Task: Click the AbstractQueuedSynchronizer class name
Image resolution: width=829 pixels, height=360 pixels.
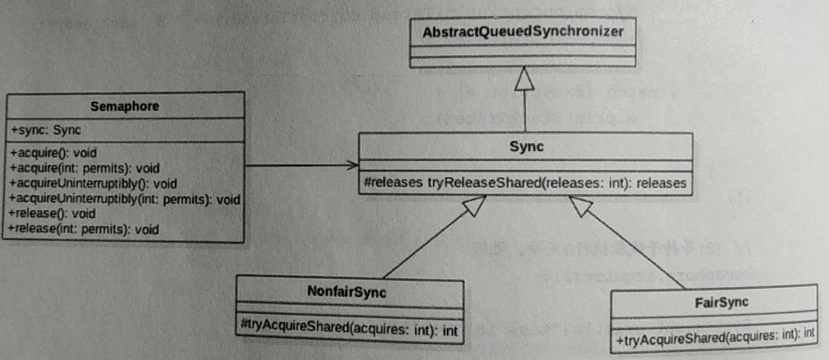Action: point(523,32)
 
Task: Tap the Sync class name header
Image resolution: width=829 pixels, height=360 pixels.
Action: point(525,146)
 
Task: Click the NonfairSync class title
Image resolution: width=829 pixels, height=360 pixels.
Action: point(348,292)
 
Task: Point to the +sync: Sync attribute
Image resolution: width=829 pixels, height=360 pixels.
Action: point(46,129)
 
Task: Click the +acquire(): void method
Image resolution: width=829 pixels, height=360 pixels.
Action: point(52,154)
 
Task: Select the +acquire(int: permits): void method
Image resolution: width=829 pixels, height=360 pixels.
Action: point(84,168)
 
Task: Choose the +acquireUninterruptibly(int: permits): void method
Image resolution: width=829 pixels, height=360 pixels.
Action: point(125,198)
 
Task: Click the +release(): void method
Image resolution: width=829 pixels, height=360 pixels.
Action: point(52,213)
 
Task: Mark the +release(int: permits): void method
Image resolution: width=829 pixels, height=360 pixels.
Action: point(84,228)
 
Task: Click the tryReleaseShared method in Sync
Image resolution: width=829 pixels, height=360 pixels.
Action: point(525,184)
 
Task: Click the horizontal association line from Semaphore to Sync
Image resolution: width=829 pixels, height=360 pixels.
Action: point(296,166)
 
